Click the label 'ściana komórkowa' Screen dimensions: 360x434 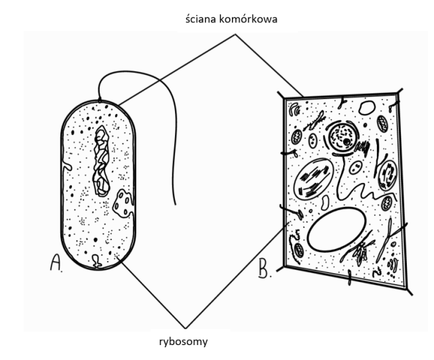pos(232,20)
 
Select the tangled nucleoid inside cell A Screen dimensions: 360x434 pos(101,160)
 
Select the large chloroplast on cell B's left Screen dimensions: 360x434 pos(313,178)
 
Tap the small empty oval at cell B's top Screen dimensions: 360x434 pos(367,108)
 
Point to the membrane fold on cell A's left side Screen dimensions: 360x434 pos(66,165)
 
